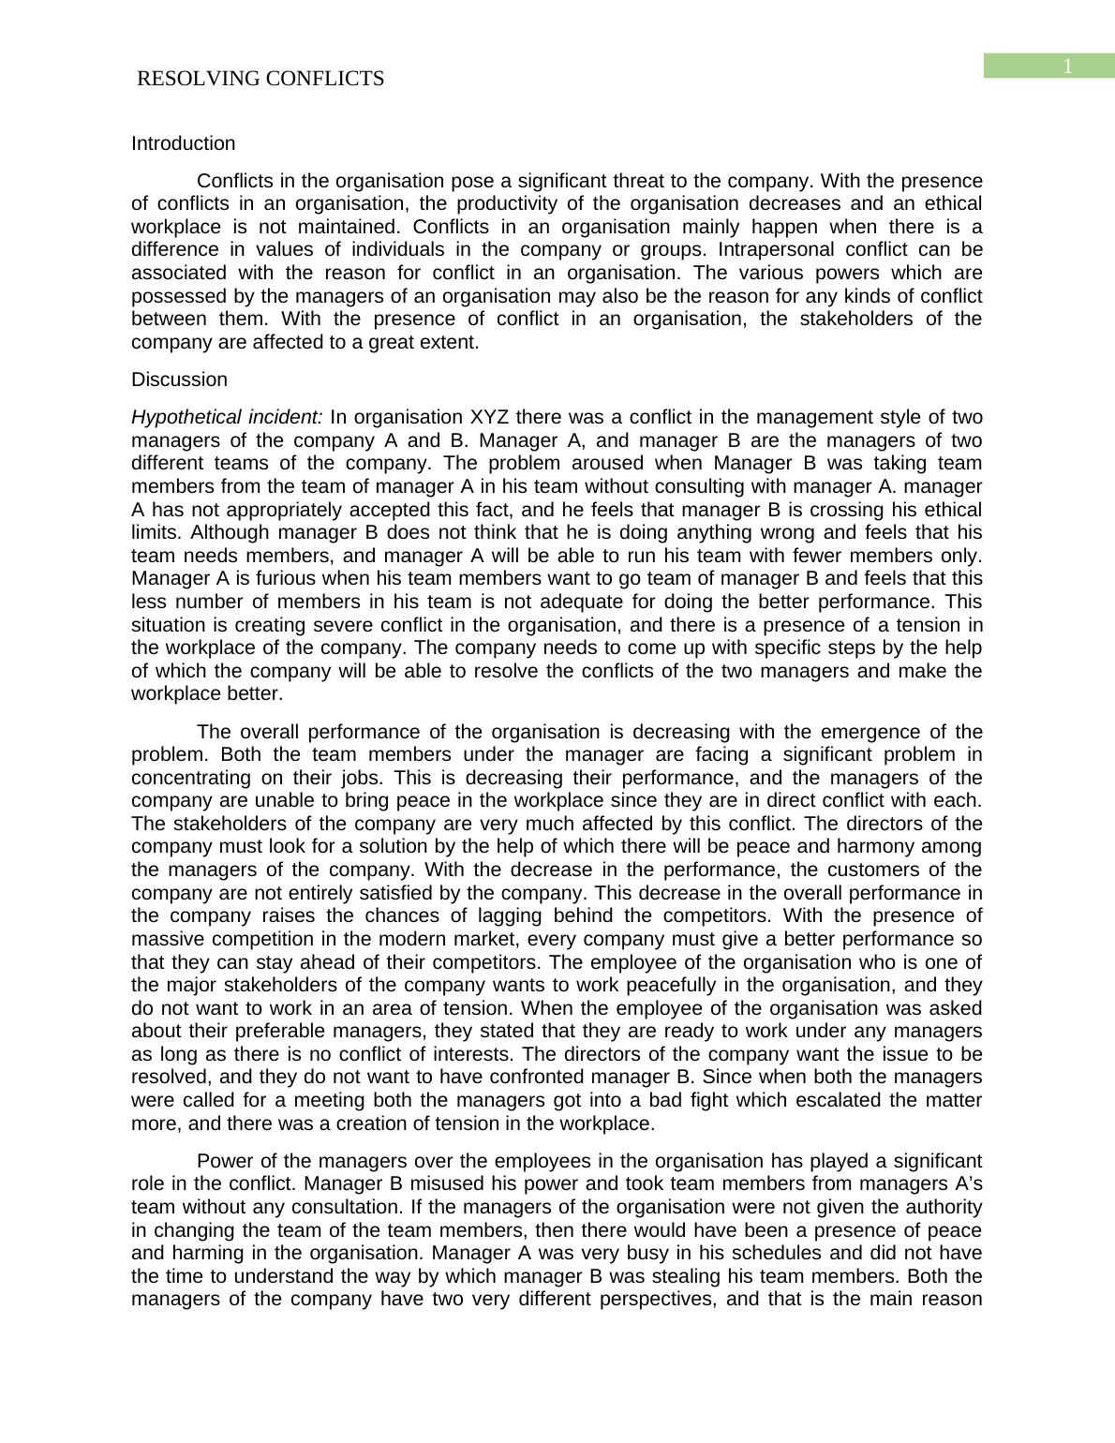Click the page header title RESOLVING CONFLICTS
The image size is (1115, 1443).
click(260, 79)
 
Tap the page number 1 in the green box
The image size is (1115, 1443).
click(1066, 67)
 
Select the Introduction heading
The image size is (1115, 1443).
click(184, 143)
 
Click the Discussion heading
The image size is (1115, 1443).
click(179, 379)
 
